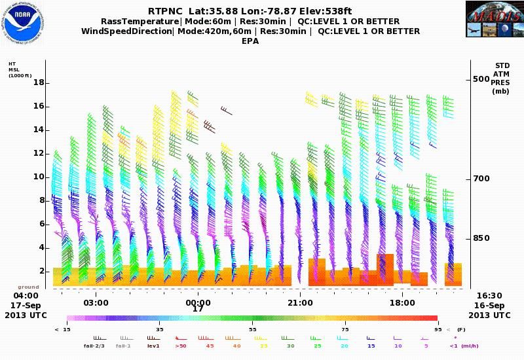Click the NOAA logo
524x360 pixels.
coord(23,24)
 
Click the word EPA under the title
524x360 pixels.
coord(250,41)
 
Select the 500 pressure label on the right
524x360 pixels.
coord(481,79)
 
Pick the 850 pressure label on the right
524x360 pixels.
coord(481,238)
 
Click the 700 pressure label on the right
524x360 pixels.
coord(481,179)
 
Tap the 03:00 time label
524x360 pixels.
coord(96,303)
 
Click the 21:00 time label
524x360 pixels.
coord(300,303)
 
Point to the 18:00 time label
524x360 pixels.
coord(402,303)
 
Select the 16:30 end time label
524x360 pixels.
coord(489,296)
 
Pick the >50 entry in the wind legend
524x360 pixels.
coord(181,346)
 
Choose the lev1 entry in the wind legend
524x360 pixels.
coord(153,346)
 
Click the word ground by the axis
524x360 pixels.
coord(28,287)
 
